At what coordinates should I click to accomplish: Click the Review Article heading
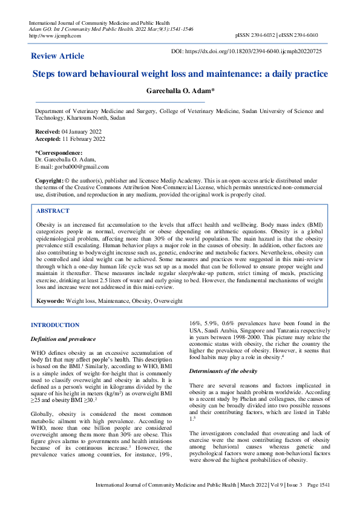(57, 56)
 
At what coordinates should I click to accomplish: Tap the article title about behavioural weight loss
(180, 74)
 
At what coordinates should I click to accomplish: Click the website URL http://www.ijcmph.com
(55, 36)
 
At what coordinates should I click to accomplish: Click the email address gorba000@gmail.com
(80, 167)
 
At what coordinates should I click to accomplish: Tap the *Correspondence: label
(59, 153)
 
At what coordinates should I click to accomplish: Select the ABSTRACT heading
(53, 211)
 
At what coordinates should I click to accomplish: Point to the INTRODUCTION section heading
(55, 325)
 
